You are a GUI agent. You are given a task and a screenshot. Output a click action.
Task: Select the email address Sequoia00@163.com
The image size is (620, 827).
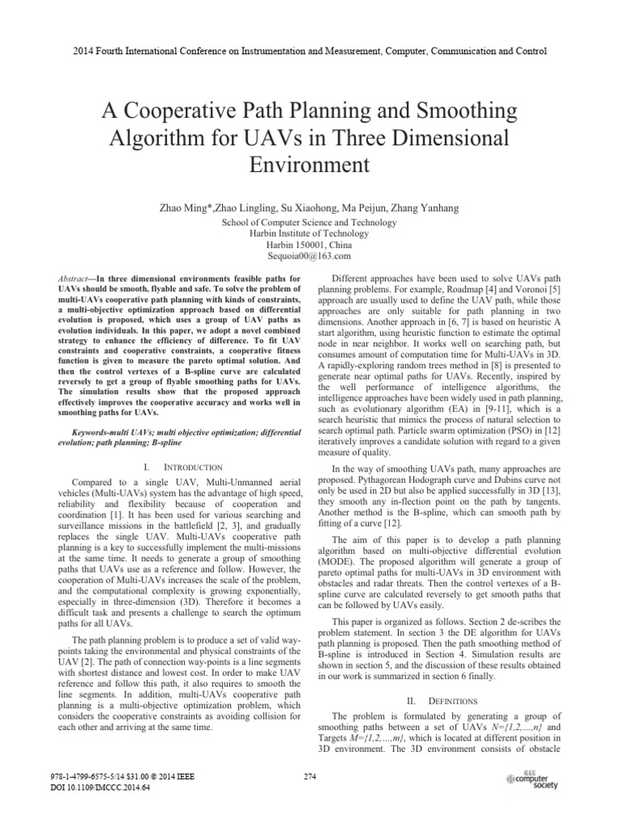pos(310,256)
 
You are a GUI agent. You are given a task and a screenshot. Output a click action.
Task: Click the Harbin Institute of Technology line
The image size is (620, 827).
pos(310,233)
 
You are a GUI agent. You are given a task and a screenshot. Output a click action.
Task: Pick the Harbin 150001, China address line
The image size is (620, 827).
pos(310,244)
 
